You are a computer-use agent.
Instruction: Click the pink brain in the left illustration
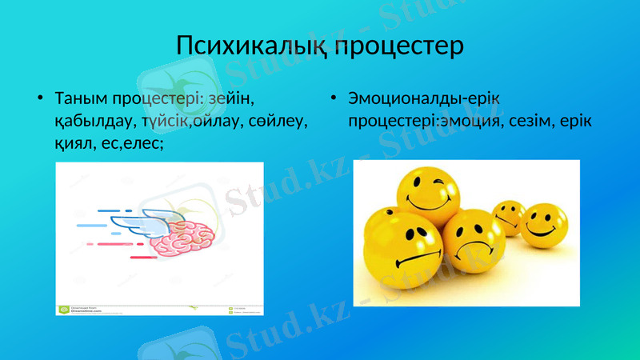click(189, 237)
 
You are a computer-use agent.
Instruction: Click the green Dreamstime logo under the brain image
click(62, 309)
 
